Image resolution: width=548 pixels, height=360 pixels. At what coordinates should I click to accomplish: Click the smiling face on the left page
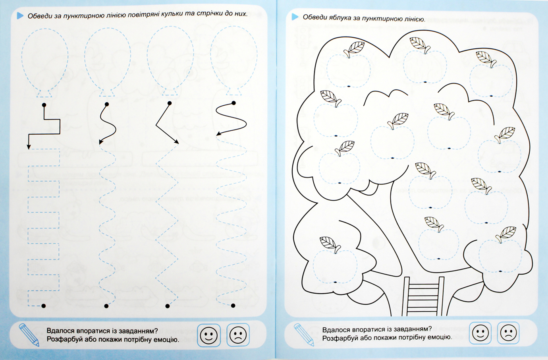[209, 335]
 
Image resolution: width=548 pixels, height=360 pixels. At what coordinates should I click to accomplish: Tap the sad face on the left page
[238, 335]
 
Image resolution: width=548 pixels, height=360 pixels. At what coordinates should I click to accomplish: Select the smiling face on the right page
[480, 333]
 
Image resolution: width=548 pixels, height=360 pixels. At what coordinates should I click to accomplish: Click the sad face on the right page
[508, 333]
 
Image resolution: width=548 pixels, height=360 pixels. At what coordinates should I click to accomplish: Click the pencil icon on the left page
[29, 335]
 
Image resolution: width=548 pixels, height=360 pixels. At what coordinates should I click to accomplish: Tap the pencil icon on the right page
[304, 335]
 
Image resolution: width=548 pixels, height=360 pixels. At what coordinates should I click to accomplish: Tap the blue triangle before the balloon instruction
[20, 15]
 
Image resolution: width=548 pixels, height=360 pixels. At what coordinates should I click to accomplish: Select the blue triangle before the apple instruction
[295, 17]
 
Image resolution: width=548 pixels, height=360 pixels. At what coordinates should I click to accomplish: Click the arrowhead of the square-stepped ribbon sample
[29, 147]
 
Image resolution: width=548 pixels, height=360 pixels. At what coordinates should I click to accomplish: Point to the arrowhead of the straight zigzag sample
[177, 141]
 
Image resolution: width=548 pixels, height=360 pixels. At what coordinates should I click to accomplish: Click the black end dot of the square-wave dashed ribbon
[44, 306]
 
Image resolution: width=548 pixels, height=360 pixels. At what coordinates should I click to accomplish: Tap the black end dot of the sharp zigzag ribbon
[167, 306]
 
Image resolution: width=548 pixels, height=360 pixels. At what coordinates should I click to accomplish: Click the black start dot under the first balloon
[44, 105]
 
